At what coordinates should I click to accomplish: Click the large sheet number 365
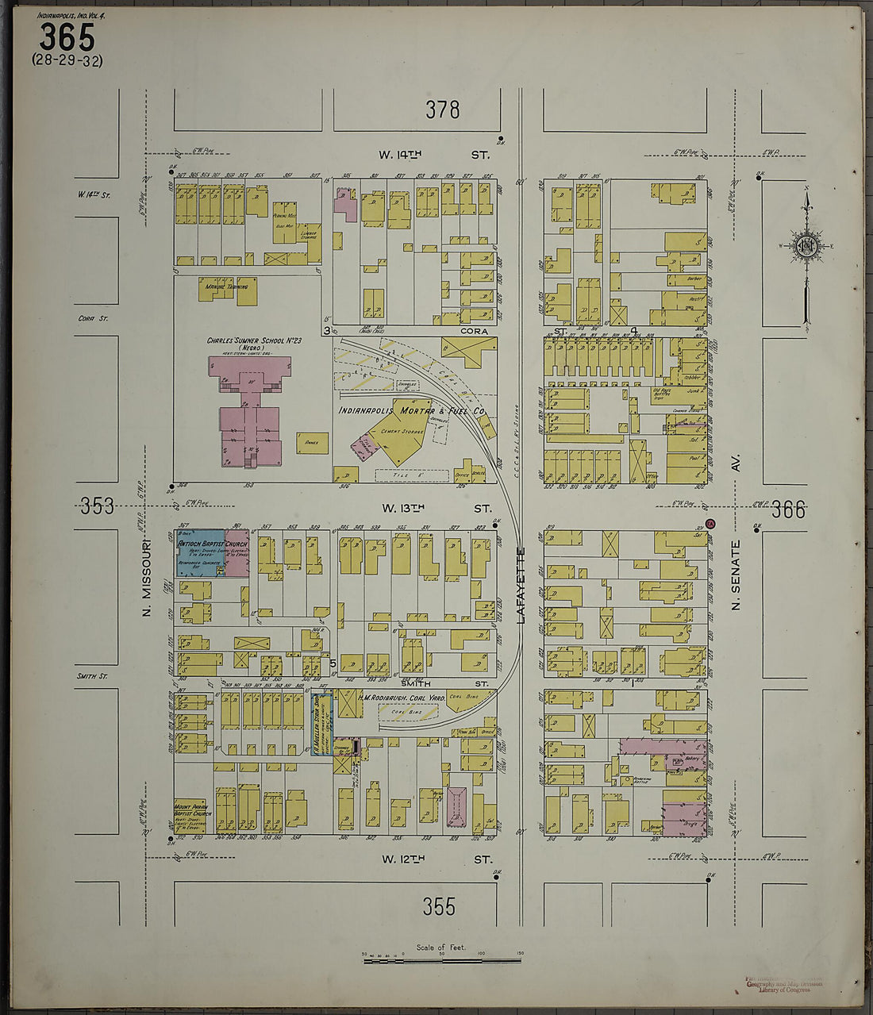click(x=67, y=37)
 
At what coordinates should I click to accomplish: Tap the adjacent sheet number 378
click(x=442, y=110)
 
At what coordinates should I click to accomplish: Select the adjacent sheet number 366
click(x=789, y=509)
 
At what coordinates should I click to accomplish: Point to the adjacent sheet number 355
click(x=439, y=906)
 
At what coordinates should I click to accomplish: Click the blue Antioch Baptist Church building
click(x=200, y=552)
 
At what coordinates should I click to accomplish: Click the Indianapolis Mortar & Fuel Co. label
click(x=412, y=411)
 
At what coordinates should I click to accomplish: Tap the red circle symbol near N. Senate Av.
click(x=711, y=523)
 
